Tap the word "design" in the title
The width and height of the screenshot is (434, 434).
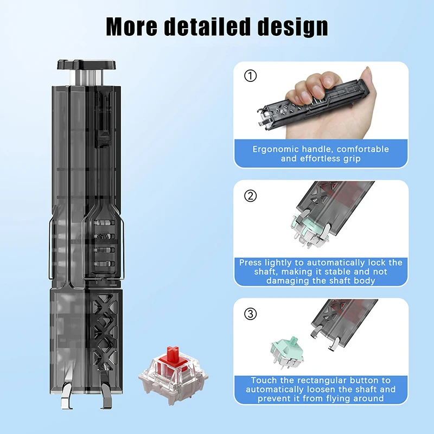(x=293, y=25)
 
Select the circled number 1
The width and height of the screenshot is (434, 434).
(x=250, y=76)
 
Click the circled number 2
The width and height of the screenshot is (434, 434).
(x=250, y=196)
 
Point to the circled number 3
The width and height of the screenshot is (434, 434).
(x=250, y=314)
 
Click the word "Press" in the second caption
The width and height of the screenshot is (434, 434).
(x=251, y=263)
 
